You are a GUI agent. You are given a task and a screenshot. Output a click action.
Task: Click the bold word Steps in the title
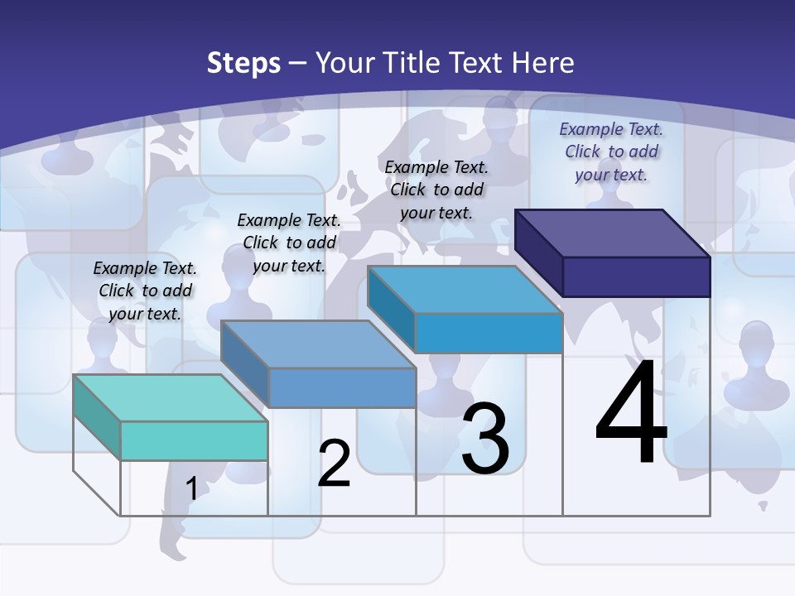tap(243, 63)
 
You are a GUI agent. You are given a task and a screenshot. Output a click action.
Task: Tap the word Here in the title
tap(543, 63)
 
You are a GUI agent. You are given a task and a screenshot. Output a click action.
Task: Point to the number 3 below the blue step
tap(485, 439)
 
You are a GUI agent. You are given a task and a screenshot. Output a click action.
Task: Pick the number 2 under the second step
tap(334, 464)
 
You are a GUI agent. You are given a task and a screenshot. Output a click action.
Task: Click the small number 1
tap(192, 488)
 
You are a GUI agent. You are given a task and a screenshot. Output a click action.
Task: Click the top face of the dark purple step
tap(613, 233)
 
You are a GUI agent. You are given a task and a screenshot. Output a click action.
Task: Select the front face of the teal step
tap(194, 440)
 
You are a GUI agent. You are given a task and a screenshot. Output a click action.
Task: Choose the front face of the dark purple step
tap(636, 276)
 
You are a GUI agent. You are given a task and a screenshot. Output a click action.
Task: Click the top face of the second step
tap(318, 344)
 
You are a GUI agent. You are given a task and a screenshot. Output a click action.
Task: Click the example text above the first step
tap(145, 291)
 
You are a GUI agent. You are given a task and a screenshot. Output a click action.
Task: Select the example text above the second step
tap(289, 243)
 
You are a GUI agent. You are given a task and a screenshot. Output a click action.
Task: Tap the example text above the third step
tap(436, 190)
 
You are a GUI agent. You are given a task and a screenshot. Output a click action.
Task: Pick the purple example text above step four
tap(611, 151)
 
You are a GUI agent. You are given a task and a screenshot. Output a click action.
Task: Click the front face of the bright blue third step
tap(489, 334)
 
